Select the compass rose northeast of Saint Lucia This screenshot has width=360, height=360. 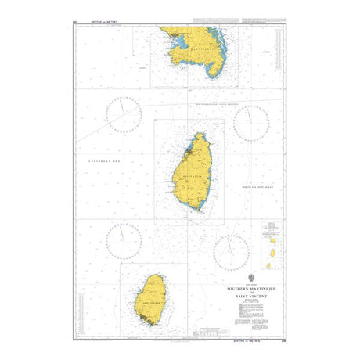pyautogui.click(x=251, y=124)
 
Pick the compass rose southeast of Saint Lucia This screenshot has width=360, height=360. pyautogui.click(x=232, y=252)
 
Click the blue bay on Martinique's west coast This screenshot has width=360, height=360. pyautogui.click(x=176, y=41)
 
